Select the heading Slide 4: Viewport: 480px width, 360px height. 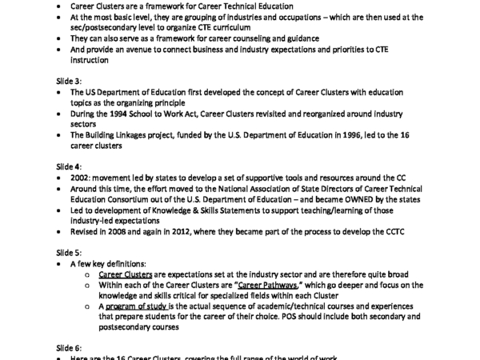click(69, 166)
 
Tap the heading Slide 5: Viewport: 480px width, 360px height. click(69, 251)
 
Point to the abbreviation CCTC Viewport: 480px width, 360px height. click(401, 230)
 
